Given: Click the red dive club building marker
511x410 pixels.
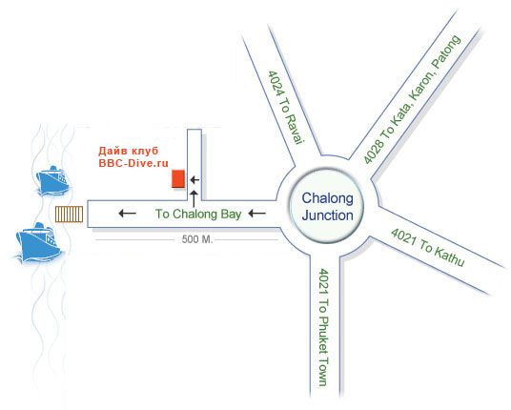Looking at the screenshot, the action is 178,178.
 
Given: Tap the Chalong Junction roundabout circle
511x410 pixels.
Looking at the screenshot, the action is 327,206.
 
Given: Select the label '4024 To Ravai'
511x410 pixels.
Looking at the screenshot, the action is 286,107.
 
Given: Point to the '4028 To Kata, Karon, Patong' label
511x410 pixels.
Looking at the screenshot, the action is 412,99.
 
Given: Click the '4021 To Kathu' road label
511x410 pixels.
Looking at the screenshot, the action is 428,247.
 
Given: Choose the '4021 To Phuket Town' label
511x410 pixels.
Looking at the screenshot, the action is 323,327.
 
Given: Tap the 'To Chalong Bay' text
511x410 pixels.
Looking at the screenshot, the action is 198,214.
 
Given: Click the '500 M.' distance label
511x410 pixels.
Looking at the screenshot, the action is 196,239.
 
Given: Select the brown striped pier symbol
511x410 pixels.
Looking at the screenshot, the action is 69,215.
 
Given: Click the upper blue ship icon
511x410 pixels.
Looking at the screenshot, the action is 52,181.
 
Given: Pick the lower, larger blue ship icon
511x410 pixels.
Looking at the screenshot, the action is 38,242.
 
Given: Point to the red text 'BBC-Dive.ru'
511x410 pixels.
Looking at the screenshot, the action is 133,163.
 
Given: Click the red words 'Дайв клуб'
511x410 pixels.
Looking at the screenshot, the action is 129,151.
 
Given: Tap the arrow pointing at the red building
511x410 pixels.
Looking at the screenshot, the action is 194,179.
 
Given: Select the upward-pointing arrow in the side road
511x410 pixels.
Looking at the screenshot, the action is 194,198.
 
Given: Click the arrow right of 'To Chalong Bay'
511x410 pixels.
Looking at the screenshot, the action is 256,214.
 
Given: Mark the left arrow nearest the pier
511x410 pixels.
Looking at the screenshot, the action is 128,214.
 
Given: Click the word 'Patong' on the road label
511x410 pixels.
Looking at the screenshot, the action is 446,52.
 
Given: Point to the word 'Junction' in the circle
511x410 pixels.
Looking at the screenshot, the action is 328,215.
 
